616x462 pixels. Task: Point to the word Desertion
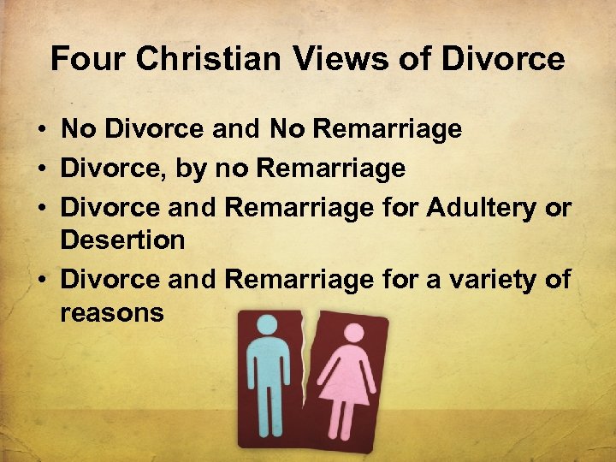(x=122, y=240)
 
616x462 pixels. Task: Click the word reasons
(x=111, y=312)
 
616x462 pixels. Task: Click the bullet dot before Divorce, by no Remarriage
(x=41, y=169)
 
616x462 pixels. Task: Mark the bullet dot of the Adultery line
(x=41, y=208)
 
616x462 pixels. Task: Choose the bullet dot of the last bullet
(x=41, y=280)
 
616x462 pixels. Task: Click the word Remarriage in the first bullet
(x=388, y=130)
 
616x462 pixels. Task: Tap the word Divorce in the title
(x=502, y=59)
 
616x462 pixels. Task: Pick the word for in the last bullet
(x=398, y=279)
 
